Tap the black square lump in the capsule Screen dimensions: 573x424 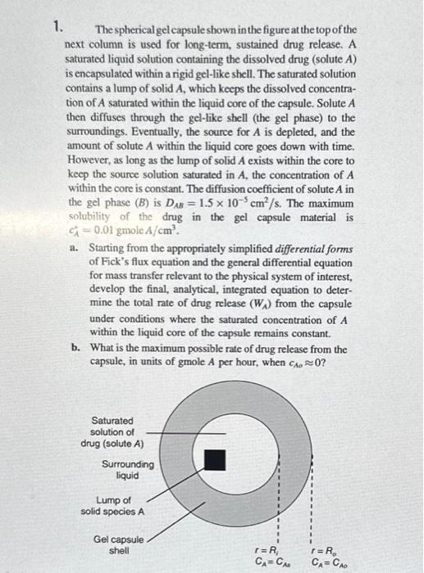coord(214,459)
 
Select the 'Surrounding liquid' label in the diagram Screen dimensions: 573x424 coord(127,470)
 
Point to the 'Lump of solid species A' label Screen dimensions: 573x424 coord(112,505)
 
